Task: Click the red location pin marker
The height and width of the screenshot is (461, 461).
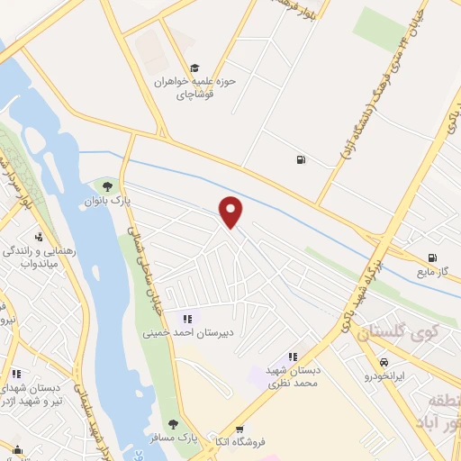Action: (x=231, y=211)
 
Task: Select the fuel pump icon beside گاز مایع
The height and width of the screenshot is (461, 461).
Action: (x=433, y=257)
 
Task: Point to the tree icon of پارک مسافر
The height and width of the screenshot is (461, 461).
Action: (x=171, y=424)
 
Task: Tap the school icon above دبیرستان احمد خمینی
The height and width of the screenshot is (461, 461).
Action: (x=187, y=318)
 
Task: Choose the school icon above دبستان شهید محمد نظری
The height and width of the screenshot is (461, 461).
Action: (x=293, y=357)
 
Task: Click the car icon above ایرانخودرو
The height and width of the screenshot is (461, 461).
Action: (x=384, y=362)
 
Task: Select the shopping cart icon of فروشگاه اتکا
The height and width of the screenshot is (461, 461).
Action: (x=240, y=430)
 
